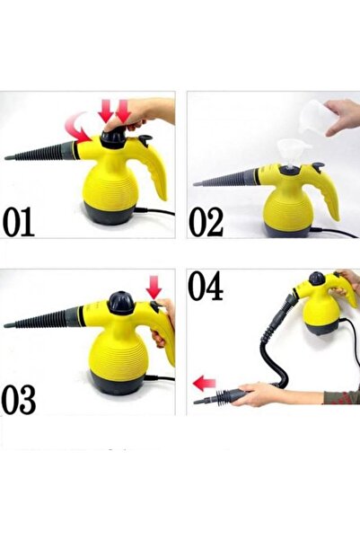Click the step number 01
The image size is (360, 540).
tap(27, 219)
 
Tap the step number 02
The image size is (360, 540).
tap(207, 219)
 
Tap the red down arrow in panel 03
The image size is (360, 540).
tap(154, 288)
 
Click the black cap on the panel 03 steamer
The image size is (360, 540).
tap(122, 304)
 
